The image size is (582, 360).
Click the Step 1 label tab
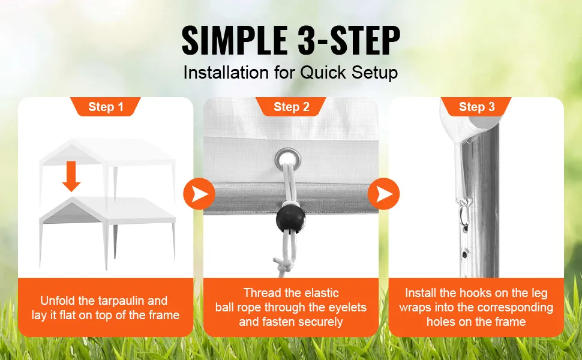tap(106, 107)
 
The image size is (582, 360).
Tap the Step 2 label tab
tap(292, 107)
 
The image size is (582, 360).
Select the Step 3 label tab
tap(476, 107)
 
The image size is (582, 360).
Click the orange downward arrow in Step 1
tap(71, 176)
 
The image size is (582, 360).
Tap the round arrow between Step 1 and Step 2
tap(199, 194)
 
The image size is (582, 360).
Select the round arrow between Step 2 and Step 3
tap(384, 194)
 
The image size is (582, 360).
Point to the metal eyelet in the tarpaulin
tap(287, 160)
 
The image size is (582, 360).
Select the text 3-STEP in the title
tap(349, 40)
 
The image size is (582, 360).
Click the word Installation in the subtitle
tap(226, 73)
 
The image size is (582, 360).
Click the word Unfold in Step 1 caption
tap(58, 300)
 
